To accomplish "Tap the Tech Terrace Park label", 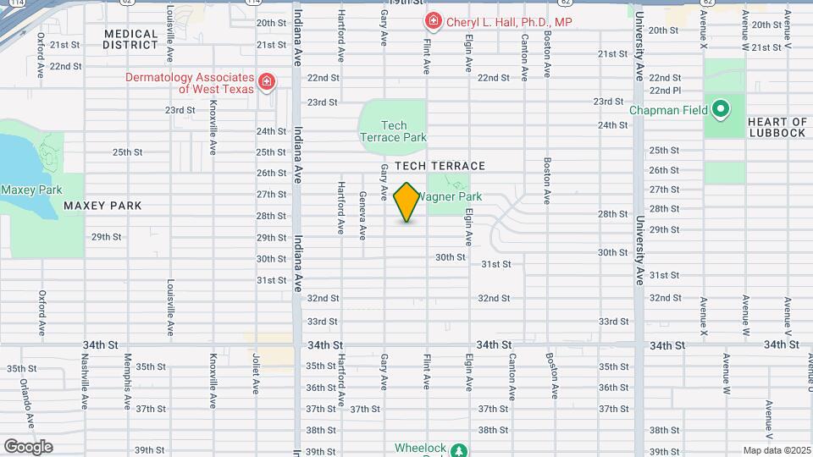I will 393,131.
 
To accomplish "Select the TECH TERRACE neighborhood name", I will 440,166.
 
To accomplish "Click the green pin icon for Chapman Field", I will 720,109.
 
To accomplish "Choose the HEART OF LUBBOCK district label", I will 777,127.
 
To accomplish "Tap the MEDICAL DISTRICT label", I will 130,39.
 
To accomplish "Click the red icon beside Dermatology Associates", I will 267,81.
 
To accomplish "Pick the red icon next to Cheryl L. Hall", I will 433,19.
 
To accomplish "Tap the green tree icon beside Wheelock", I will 458,450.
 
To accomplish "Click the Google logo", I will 28,446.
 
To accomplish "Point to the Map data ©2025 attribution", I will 777,450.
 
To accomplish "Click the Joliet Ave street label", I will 255,374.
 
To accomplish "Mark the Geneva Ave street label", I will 362,215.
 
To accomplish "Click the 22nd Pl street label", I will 665,91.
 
